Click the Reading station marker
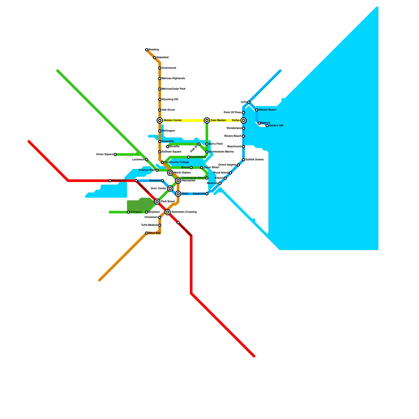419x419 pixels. coord(147,50)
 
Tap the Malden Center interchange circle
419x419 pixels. coord(160,120)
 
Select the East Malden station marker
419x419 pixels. coord(207,120)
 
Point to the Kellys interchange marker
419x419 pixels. coord(244,120)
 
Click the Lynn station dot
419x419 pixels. coord(249,102)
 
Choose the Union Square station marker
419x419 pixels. coord(115,155)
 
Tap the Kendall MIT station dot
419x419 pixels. coord(110,181)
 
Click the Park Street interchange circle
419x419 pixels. coord(157,202)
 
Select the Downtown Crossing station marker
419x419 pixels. coord(168,212)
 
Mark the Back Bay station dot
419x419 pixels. coord(147,233)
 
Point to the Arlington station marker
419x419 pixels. coord(128,212)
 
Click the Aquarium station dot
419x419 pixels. coord(207,194)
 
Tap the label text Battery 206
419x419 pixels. coord(276,126)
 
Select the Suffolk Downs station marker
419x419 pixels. coord(244,160)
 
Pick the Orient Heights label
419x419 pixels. coord(227,165)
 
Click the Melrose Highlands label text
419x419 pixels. coord(173,79)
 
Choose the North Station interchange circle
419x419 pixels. coord(170,173)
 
